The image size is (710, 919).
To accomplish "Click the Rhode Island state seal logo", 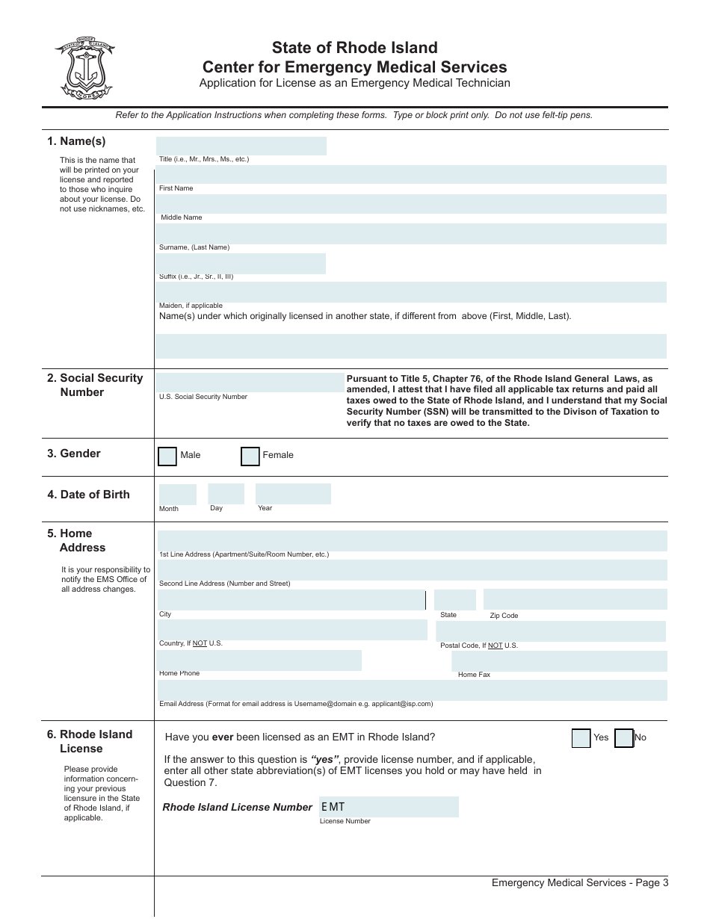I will [x=84, y=69].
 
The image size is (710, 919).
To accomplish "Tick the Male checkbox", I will [x=167, y=456].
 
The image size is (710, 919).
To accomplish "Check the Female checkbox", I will [x=250, y=456].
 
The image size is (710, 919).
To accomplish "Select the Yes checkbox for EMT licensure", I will [x=581, y=738].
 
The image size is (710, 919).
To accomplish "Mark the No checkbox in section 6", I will [x=624, y=738].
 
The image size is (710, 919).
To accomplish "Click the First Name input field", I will [x=411, y=175].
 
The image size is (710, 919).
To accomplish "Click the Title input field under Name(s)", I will [x=241, y=146].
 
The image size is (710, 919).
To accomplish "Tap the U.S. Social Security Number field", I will [x=250, y=383].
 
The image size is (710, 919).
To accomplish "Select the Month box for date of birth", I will [x=177, y=495].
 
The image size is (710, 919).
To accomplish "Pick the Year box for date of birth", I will [x=293, y=494].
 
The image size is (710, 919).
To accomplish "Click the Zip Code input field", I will [x=575, y=599].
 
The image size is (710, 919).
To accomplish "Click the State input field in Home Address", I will [x=454, y=600].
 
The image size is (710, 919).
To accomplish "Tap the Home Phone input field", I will [x=259, y=660].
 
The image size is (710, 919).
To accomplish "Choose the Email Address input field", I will [x=411, y=690].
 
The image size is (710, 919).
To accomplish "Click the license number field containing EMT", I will [x=389, y=807].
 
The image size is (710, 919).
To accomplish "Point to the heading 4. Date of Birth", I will [x=88, y=495].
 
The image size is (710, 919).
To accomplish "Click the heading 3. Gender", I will [x=74, y=454].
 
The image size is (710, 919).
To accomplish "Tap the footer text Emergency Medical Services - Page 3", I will [x=580, y=883].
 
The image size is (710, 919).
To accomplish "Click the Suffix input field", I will [x=241, y=263].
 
